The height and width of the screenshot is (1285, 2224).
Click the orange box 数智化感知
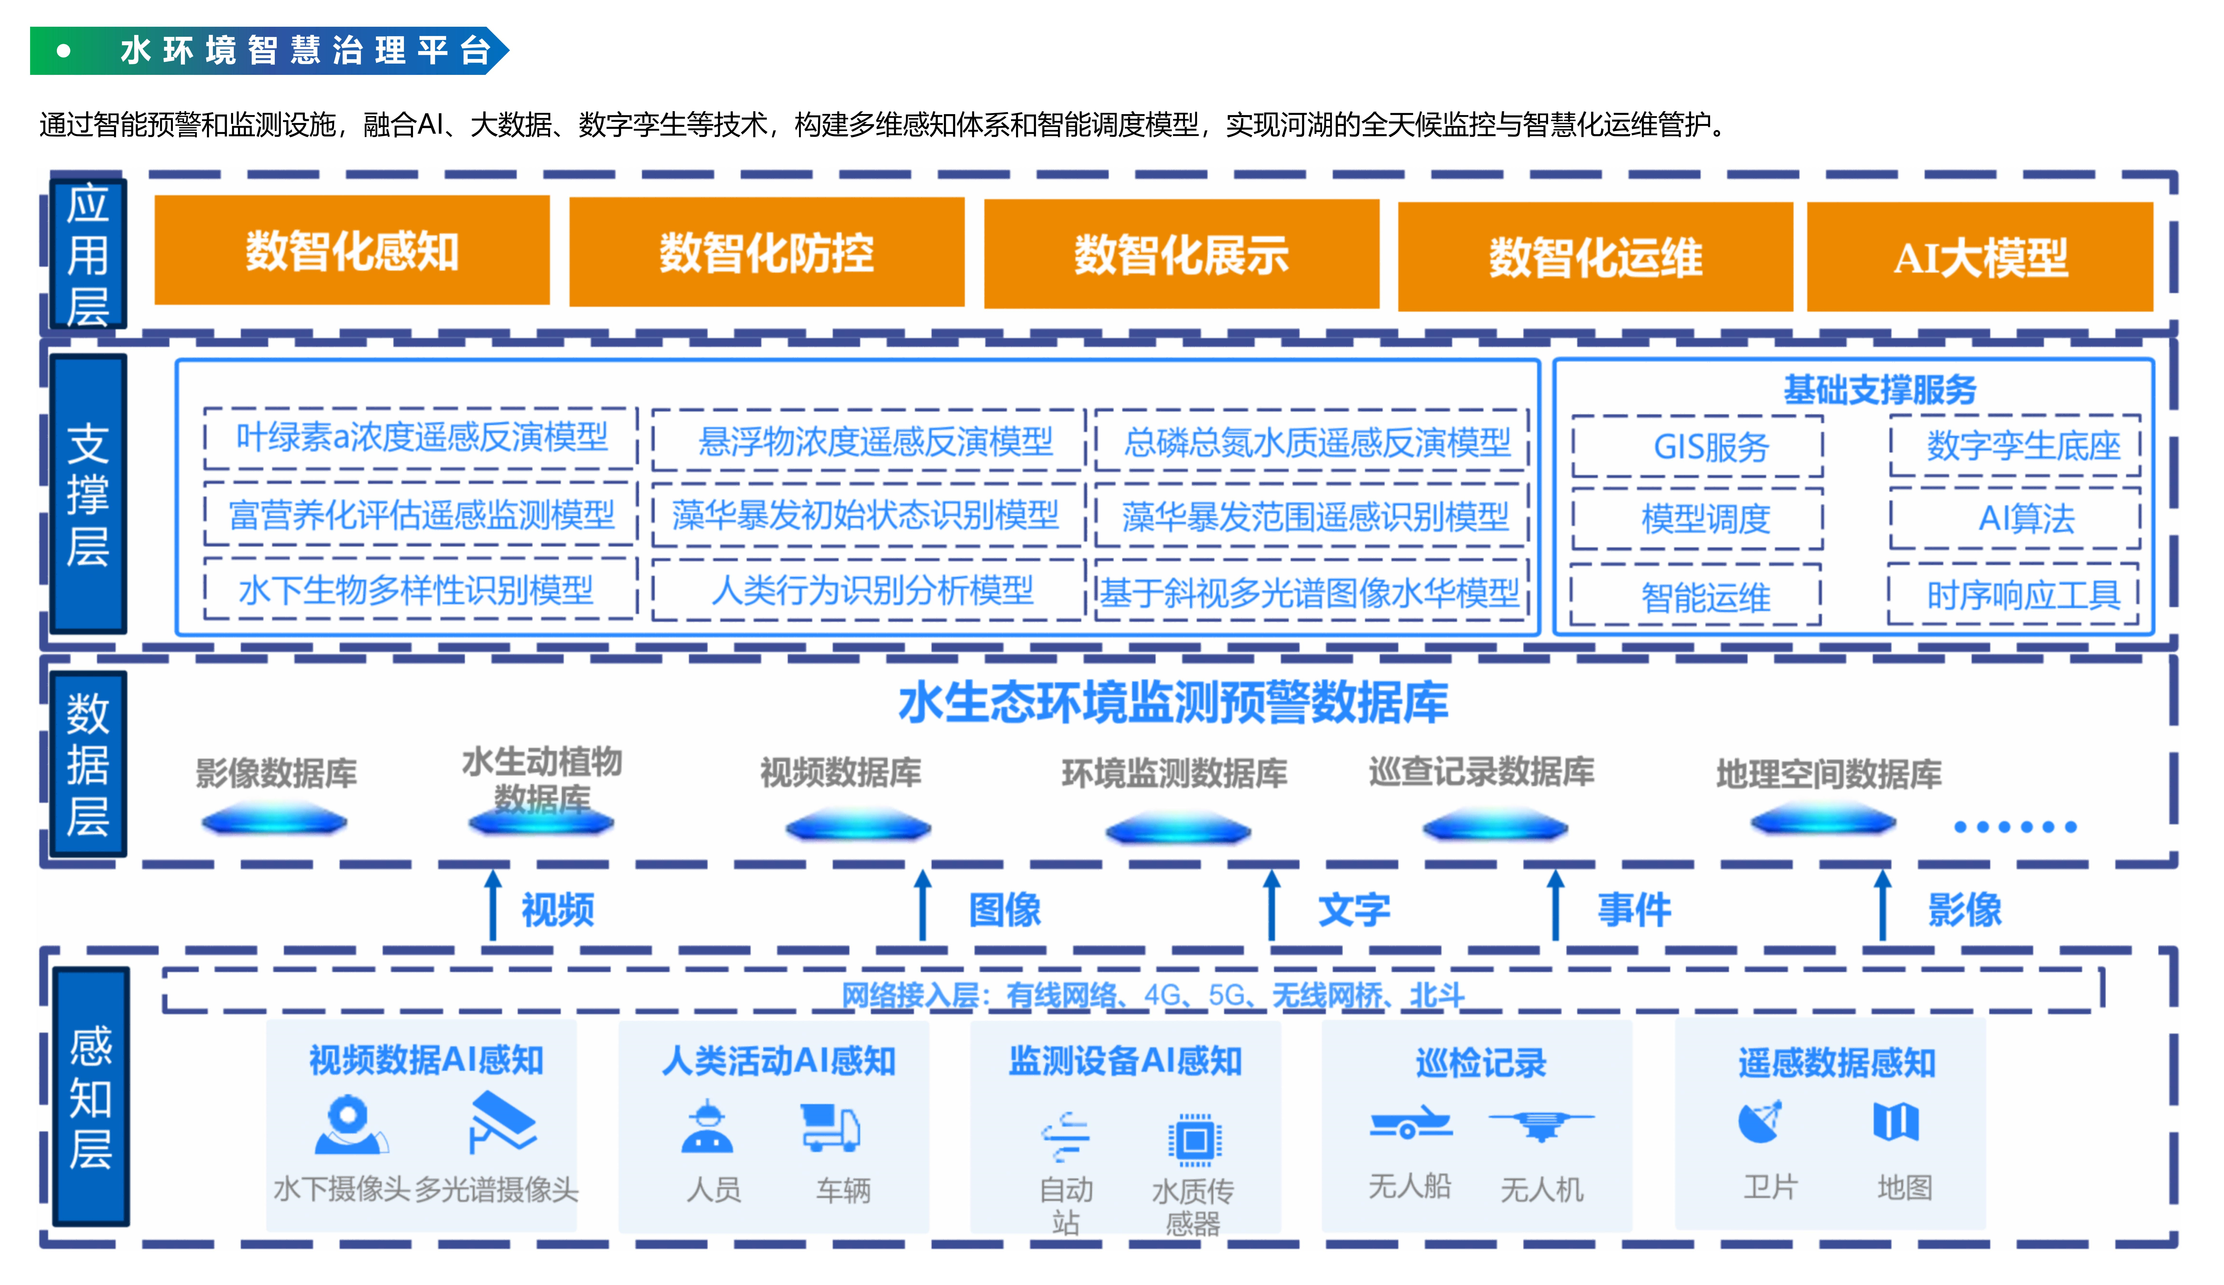click(x=352, y=251)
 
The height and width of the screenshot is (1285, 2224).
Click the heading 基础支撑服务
click(x=1880, y=389)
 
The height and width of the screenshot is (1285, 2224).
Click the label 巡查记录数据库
click(x=1482, y=771)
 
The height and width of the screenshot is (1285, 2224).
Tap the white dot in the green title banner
click(x=64, y=51)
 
